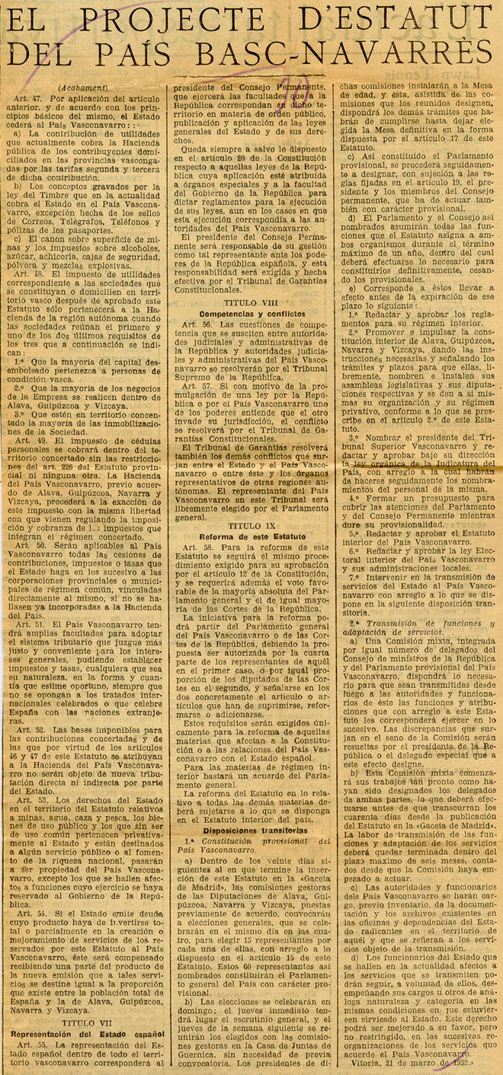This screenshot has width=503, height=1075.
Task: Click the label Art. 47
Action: pos(27,99)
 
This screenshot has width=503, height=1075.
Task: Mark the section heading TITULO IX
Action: pos(245,525)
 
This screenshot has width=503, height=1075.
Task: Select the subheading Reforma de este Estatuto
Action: pos(245,536)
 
